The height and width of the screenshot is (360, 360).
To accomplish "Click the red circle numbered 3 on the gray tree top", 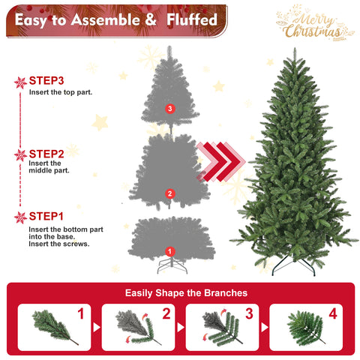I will (x=169, y=109).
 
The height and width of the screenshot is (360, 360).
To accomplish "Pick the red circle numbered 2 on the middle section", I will (x=169, y=193).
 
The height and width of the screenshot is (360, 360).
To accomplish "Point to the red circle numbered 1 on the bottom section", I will (x=169, y=251).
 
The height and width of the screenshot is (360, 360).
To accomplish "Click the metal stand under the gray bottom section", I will (x=170, y=265).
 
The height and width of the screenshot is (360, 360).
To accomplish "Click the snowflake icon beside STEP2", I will (x=21, y=155).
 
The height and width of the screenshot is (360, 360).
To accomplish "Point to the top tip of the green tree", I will (x=292, y=55).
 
